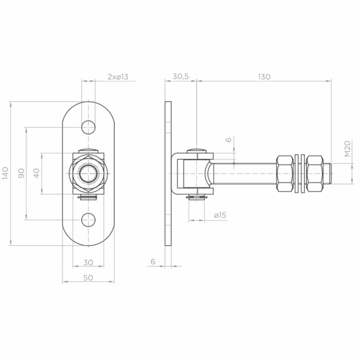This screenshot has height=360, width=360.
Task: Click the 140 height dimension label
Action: click(x=5, y=174)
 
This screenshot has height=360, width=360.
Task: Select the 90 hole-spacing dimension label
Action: click(x=21, y=174)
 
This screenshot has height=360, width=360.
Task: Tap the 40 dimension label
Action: click(x=37, y=174)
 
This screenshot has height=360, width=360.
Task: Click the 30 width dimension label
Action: click(x=88, y=262)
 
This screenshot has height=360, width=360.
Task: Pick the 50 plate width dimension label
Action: click(x=88, y=278)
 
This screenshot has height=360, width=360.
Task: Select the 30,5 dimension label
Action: click(x=181, y=76)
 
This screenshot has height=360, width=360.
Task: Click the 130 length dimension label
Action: click(x=264, y=77)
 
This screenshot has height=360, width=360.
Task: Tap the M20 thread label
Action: click(x=348, y=149)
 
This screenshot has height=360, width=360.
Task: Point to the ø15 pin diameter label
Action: click(x=220, y=215)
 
